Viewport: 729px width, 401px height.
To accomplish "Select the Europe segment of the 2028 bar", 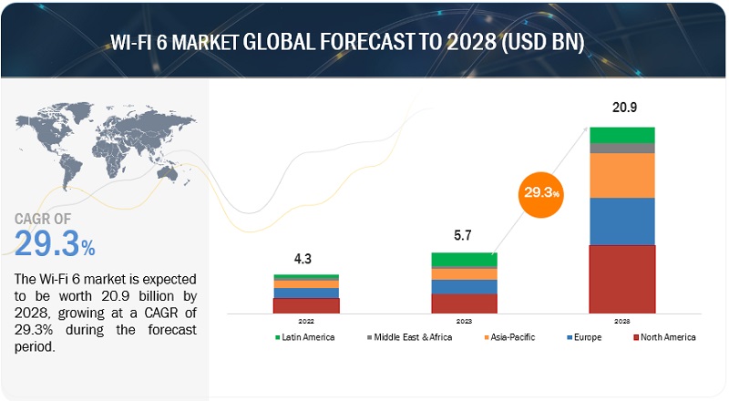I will click(622, 221).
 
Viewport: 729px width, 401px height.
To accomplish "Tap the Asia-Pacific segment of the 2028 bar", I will click(622, 175).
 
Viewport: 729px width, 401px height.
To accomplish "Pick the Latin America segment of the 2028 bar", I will click(622, 135).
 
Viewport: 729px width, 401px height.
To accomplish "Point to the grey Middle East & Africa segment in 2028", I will click(622, 148).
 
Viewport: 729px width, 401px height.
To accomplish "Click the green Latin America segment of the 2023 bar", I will click(464, 260).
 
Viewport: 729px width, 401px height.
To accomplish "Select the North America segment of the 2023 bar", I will click(464, 303).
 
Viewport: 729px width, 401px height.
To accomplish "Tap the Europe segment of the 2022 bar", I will click(306, 293).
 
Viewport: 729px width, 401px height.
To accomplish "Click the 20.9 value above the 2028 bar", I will click(622, 108).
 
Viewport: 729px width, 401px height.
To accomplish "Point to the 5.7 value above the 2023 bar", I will click(464, 236).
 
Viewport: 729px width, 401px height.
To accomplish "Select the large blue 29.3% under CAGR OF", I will click(55, 244).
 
